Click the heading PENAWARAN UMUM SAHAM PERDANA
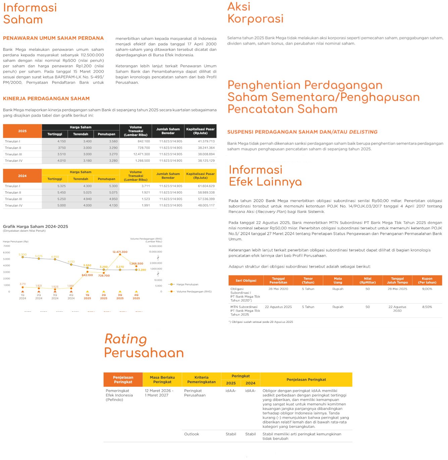53,38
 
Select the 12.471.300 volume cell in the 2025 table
142,154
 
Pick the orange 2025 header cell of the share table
22,131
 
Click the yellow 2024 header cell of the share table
22,176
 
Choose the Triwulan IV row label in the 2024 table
14,205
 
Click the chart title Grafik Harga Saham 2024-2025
36,227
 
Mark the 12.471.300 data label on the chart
120,252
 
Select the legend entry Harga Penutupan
187,284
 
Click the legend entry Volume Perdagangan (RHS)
194,292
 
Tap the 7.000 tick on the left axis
7,246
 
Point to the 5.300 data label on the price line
22,255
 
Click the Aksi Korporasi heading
255,12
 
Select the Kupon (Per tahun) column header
427,280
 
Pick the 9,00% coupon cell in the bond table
427,289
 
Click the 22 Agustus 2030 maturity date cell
397,309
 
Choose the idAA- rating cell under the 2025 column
231,391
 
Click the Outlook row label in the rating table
192,434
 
